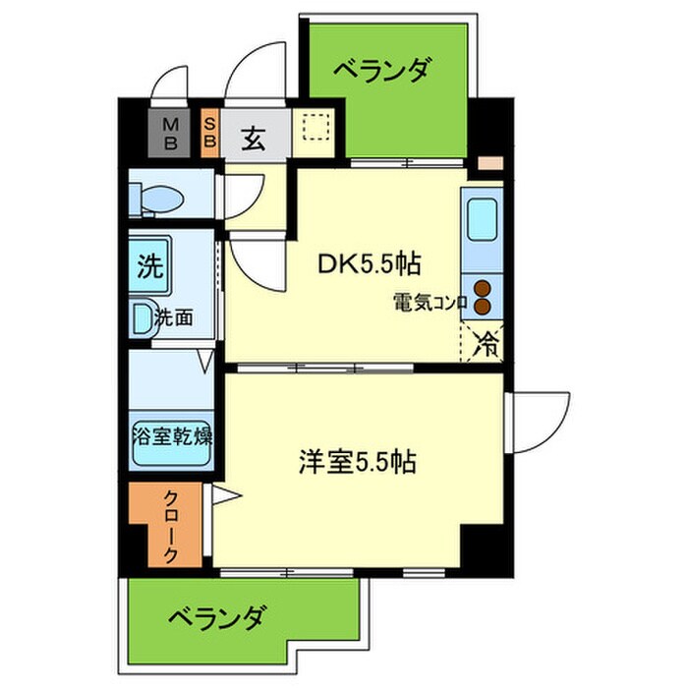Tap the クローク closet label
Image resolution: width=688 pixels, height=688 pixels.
[x=170, y=527]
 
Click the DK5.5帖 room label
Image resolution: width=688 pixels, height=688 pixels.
[x=369, y=262]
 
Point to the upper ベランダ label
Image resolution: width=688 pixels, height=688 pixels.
[x=380, y=71]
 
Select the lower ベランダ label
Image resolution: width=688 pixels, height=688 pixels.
[x=213, y=618]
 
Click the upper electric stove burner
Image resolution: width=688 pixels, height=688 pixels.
[x=483, y=288]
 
